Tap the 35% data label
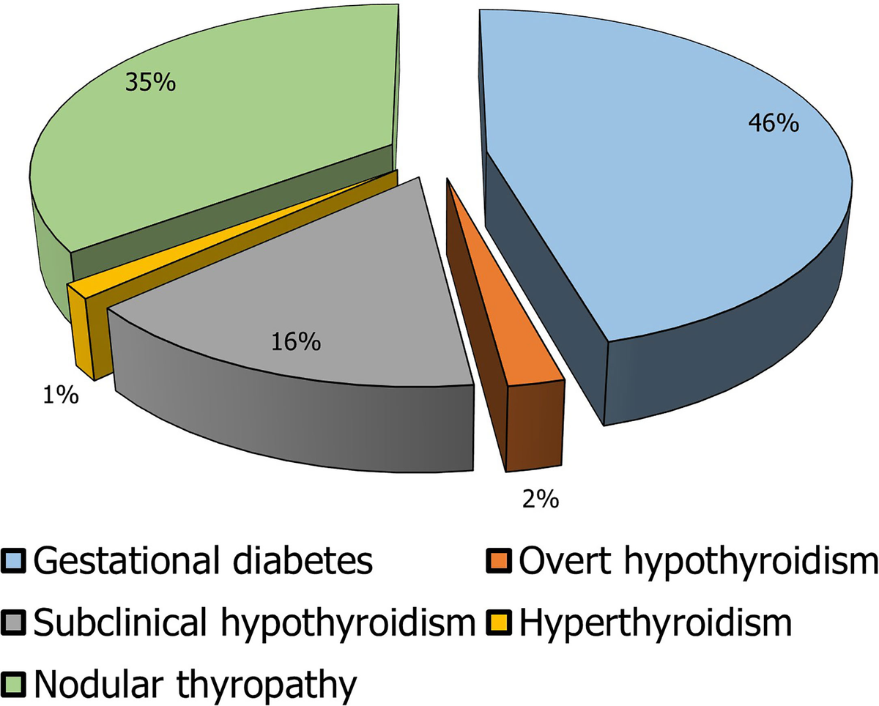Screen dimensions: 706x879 pos(150,81)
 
